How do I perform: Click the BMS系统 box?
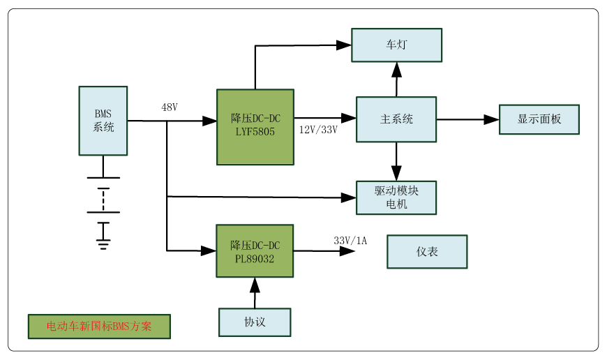coord(103,121)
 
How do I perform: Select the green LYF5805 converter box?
coord(255,127)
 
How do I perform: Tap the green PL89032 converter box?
coord(255,251)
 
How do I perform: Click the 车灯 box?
coord(396,45)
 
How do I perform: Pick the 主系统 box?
coord(396,119)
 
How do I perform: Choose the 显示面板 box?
coord(539,119)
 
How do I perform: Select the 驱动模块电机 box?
coord(396,197)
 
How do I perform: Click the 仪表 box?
coord(427,252)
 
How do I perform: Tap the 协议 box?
coord(255,322)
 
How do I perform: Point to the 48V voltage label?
coord(170,107)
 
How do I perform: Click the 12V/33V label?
coord(318,130)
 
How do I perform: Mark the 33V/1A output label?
coord(350,241)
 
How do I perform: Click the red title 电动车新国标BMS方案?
coord(99,327)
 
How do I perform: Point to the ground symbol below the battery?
coord(103,243)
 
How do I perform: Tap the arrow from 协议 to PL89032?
coord(255,292)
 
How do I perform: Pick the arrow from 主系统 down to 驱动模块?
coord(396,162)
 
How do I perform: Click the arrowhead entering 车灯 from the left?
coord(343,45)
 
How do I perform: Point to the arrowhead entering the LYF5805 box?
coord(209,121)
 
